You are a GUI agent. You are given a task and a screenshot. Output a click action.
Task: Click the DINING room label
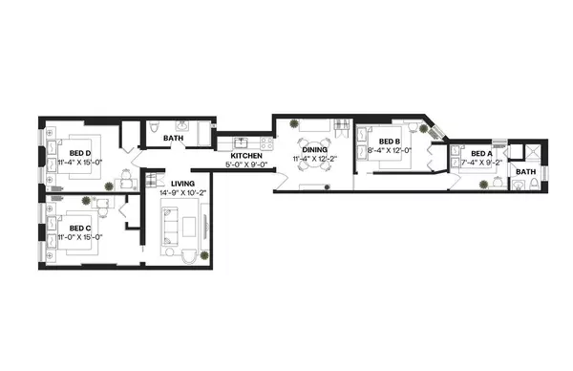pos(314,150)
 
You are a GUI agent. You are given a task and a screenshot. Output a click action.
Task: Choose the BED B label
pos(389,141)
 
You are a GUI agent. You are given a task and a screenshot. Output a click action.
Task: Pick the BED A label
pos(481,153)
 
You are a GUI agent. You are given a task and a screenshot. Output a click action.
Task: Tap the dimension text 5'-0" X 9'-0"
pos(245,164)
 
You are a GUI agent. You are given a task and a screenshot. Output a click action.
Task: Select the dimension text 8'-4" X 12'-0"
pos(389,150)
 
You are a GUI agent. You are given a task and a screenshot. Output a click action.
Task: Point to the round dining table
pos(314,164)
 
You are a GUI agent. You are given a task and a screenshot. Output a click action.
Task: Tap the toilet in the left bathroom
pos(155,130)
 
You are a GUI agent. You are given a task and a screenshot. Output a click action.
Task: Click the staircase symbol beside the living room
pos(150,182)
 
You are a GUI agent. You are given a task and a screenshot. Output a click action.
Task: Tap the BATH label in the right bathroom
pos(525,172)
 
